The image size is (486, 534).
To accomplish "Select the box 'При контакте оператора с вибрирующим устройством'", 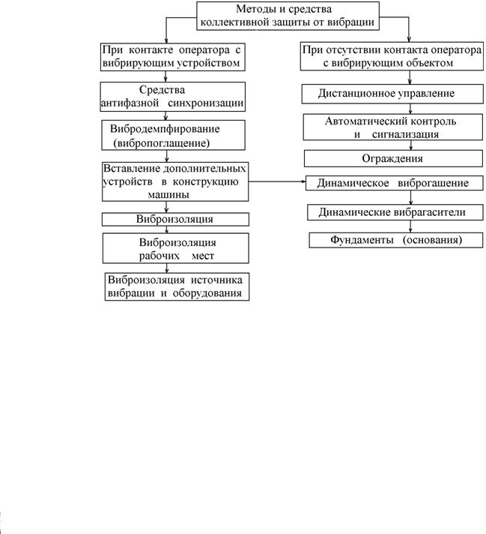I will point(174,56).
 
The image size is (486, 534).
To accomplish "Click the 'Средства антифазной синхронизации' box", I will point(173,96).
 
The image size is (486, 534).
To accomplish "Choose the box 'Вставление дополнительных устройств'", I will point(174,181).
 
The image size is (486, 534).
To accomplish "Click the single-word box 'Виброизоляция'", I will point(175,219).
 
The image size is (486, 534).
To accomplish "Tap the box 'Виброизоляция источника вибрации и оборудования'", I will point(176,286).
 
